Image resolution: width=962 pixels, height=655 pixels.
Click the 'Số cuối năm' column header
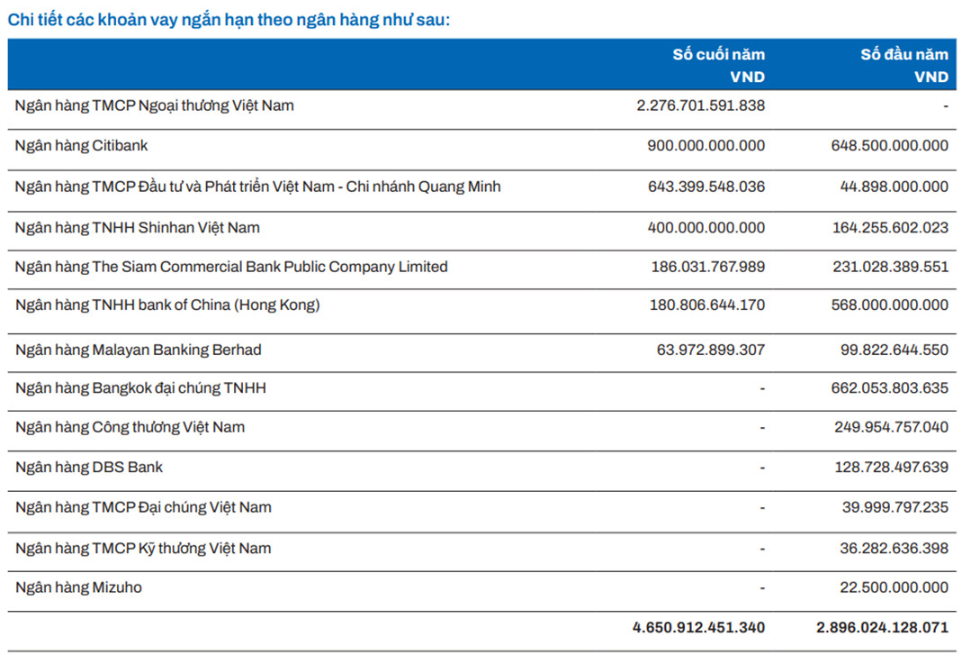pyautogui.click(x=718, y=55)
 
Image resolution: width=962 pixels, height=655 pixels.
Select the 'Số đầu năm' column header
pyautogui.click(x=904, y=55)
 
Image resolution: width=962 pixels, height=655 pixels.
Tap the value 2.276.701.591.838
pyautogui.click(x=701, y=105)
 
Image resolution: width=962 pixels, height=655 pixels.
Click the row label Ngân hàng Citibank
pyautogui.click(x=82, y=146)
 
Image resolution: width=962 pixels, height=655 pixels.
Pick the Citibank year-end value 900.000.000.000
pyautogui.click(x=706, y=146)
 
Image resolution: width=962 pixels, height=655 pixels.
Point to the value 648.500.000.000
pyautogui.click(x=890, y=146)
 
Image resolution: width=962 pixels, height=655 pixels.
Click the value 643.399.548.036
pyautogui.click(x=706, y=186)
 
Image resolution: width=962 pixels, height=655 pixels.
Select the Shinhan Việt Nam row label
pyautogui.click(x=138, y=228)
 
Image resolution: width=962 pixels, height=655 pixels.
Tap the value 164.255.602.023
pyautogui.click(x=890, y=228)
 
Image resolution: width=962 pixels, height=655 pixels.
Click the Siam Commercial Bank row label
pyautogui.click(x=231, y=267)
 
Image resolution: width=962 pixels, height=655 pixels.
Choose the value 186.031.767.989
pyautogui.click(x=708, y=267)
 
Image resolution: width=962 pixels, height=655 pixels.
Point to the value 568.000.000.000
pyautogui.click(x=890, y=305)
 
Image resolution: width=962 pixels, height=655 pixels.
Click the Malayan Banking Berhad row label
pyautogui.click(x=139, y=350)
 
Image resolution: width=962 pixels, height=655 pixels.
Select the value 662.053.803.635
pyautogui.click(x=890, y=388)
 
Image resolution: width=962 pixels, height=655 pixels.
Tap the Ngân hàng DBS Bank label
pyautogui.click(x=89, y=467)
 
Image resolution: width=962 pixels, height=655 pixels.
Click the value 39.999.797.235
pyautogui.click(x=895, y=507)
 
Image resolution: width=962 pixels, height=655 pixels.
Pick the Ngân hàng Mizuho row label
pyautogui.click(x=78, y=587)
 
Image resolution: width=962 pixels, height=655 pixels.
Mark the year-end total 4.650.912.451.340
pyautogui.click(x=699, y=627)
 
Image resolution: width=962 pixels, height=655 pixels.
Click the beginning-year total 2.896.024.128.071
pyautogui.click(x=882, y=627)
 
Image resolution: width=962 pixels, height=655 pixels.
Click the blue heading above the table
pyautogui.click(x=229, y=20)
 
